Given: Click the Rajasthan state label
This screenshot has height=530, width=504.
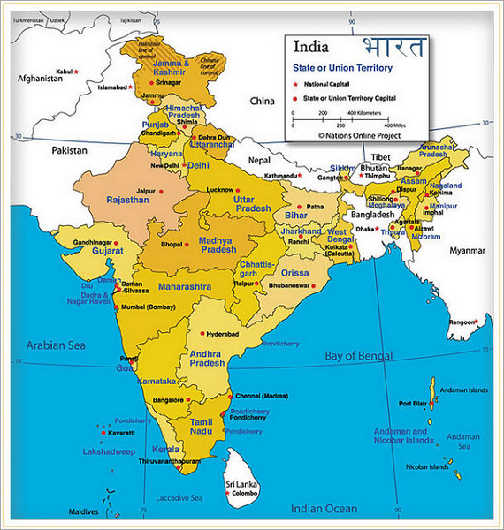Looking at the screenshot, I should pos(128,201).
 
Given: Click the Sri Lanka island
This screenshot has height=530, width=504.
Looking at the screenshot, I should pos(239,473).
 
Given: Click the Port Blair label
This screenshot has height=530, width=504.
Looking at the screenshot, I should pos(414,404).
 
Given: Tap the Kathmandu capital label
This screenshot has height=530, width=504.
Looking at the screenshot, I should pos(276,176).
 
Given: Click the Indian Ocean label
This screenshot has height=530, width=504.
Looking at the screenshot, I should pos(325,509).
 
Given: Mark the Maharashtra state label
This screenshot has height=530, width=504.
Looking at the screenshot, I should pos(184,287).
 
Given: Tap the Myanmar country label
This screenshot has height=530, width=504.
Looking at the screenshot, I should pos(468,251).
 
